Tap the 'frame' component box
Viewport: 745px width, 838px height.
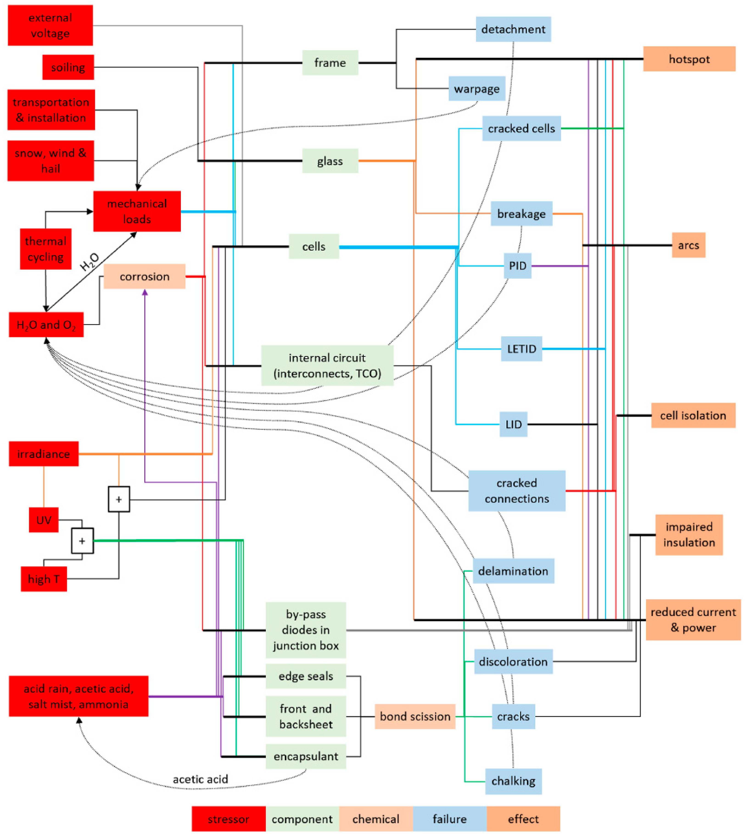(330, 63)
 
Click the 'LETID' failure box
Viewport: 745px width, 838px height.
(521, 349)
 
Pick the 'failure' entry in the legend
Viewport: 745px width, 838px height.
(450, 819)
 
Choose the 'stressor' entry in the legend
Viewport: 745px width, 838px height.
(228, 819)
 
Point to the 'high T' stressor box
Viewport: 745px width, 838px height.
(44, 579)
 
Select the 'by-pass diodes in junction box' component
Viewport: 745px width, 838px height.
(306, 630)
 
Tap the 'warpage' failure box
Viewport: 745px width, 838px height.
(477, 89)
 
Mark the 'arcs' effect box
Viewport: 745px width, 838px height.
(689, 245)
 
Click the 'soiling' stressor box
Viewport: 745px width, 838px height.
(68, 67)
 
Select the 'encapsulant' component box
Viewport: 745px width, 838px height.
(306, 756)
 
